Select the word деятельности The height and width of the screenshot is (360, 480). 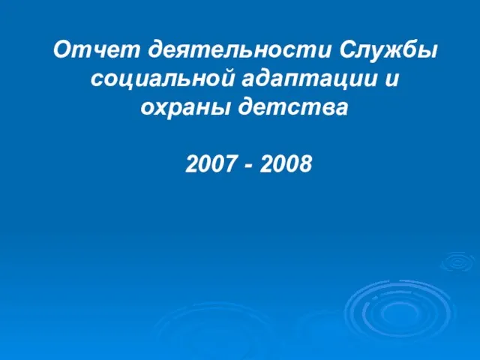(240, 50)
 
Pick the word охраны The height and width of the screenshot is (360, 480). (185, 108)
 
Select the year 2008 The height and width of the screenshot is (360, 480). (286, 163)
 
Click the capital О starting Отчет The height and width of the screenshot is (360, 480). (63, 49)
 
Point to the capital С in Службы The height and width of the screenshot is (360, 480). (348, 49)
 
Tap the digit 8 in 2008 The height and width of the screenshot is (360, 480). (305, 163)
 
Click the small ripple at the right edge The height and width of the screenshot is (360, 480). (458, 262)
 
